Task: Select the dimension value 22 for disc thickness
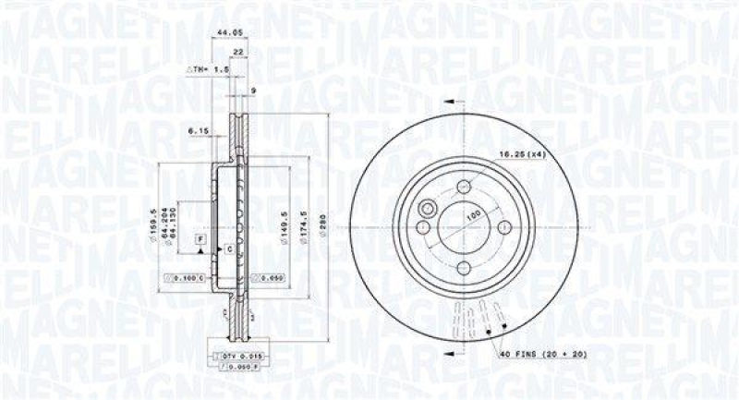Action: (237, 52)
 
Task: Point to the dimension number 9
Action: (253, 90)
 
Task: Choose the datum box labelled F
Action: (199, 240)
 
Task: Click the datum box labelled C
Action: (227, 249)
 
